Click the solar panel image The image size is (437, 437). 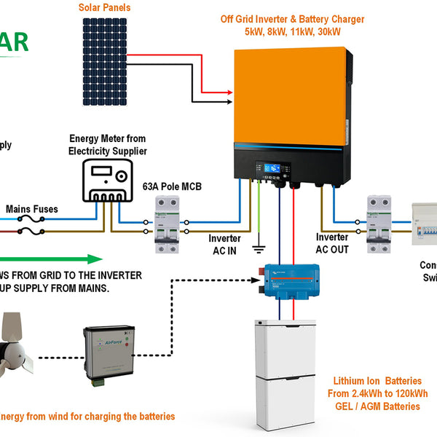[105, 51]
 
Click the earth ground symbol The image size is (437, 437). [258, 249]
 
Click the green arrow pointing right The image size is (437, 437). [51, 259]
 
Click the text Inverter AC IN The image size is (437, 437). [224, 244]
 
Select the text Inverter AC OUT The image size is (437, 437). [332, 243]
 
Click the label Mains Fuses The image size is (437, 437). [31, 209]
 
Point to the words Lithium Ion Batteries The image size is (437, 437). [377, 381]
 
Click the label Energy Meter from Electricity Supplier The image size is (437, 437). [108, 144]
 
